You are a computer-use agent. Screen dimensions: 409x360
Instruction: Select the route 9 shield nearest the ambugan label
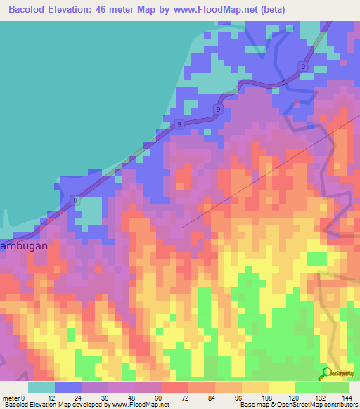point(75,201)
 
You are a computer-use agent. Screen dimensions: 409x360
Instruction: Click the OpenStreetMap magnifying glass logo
point(326,372)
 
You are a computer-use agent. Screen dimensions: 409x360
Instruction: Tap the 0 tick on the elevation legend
point(29,397)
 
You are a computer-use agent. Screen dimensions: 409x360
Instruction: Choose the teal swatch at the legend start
point(41,387)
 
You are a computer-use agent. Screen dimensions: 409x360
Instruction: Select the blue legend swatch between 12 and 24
point(68,387)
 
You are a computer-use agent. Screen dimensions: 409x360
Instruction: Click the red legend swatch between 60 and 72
point(175,387)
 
